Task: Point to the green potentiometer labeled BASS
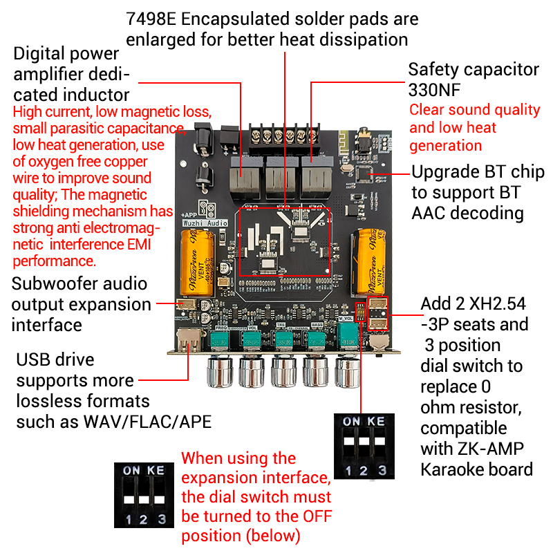(x=317, y=339)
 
